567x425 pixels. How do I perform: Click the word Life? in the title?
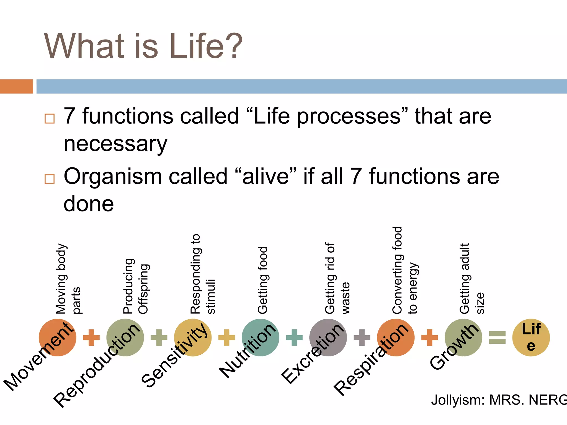click(206, 46)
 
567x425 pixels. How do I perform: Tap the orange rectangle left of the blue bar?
click(16, 86)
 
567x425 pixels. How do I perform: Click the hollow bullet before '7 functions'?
click(50, 118)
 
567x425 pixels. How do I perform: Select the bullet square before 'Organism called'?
click(50, 179)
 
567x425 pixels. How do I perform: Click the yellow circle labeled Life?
click(531, 337)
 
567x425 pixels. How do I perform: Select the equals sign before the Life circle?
click(497, 338)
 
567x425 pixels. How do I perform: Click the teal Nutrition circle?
click(260, 337)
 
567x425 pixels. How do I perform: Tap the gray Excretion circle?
click(328, 337)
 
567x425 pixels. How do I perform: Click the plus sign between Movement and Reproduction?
click(91, 338)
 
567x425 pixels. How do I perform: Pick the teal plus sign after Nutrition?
click(294, 338)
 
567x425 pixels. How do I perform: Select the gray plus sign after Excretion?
click(362, 338)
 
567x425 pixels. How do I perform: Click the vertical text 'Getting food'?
click(263, 280)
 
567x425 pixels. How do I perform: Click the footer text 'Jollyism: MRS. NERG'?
click(498, 400)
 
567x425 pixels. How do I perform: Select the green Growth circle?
click(463, 337)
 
